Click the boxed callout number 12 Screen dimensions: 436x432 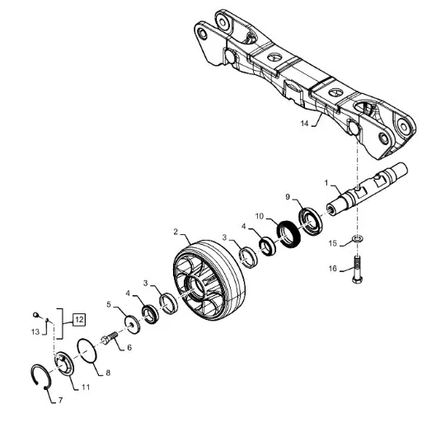pos(79,320)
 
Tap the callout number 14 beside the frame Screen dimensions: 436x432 pos(304,123)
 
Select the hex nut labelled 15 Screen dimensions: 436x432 pos(358,238)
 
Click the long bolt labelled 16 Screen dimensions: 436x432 pos(357,270)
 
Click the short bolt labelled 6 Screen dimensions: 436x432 pos(110,338)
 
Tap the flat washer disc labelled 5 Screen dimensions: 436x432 pos(133,324)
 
